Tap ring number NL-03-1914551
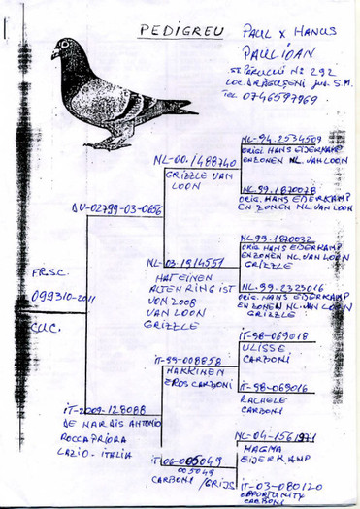click(184, 263)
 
